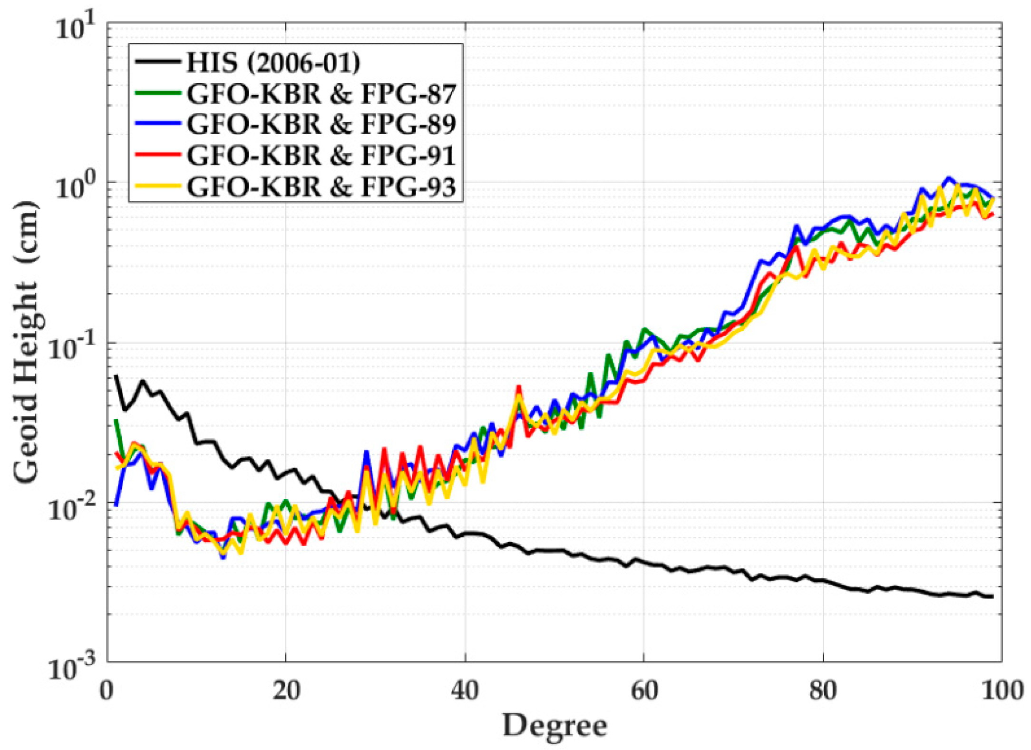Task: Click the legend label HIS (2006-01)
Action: coord(273,62)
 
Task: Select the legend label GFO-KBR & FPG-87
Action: coord(321,94)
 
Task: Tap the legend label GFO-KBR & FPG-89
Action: coord(321,124)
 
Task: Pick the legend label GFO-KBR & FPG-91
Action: coord(321,155)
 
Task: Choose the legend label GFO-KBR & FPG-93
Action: coord(321,187)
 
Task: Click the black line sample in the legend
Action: coord(157,61)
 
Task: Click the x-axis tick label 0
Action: coord(107,691)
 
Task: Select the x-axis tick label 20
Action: coord(286,691)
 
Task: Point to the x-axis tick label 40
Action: coord(465,691)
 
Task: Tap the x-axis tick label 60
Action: coord(644,691)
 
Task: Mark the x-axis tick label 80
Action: coord(823,691)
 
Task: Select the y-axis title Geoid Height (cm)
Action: coord(26,341)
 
